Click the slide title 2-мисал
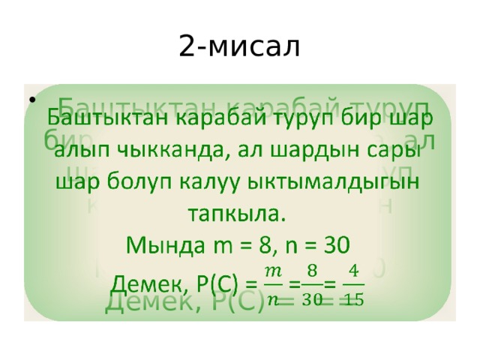(x=240, y=46)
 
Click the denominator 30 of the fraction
(x=312, y=298)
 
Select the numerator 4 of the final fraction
(x=353, y=268)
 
